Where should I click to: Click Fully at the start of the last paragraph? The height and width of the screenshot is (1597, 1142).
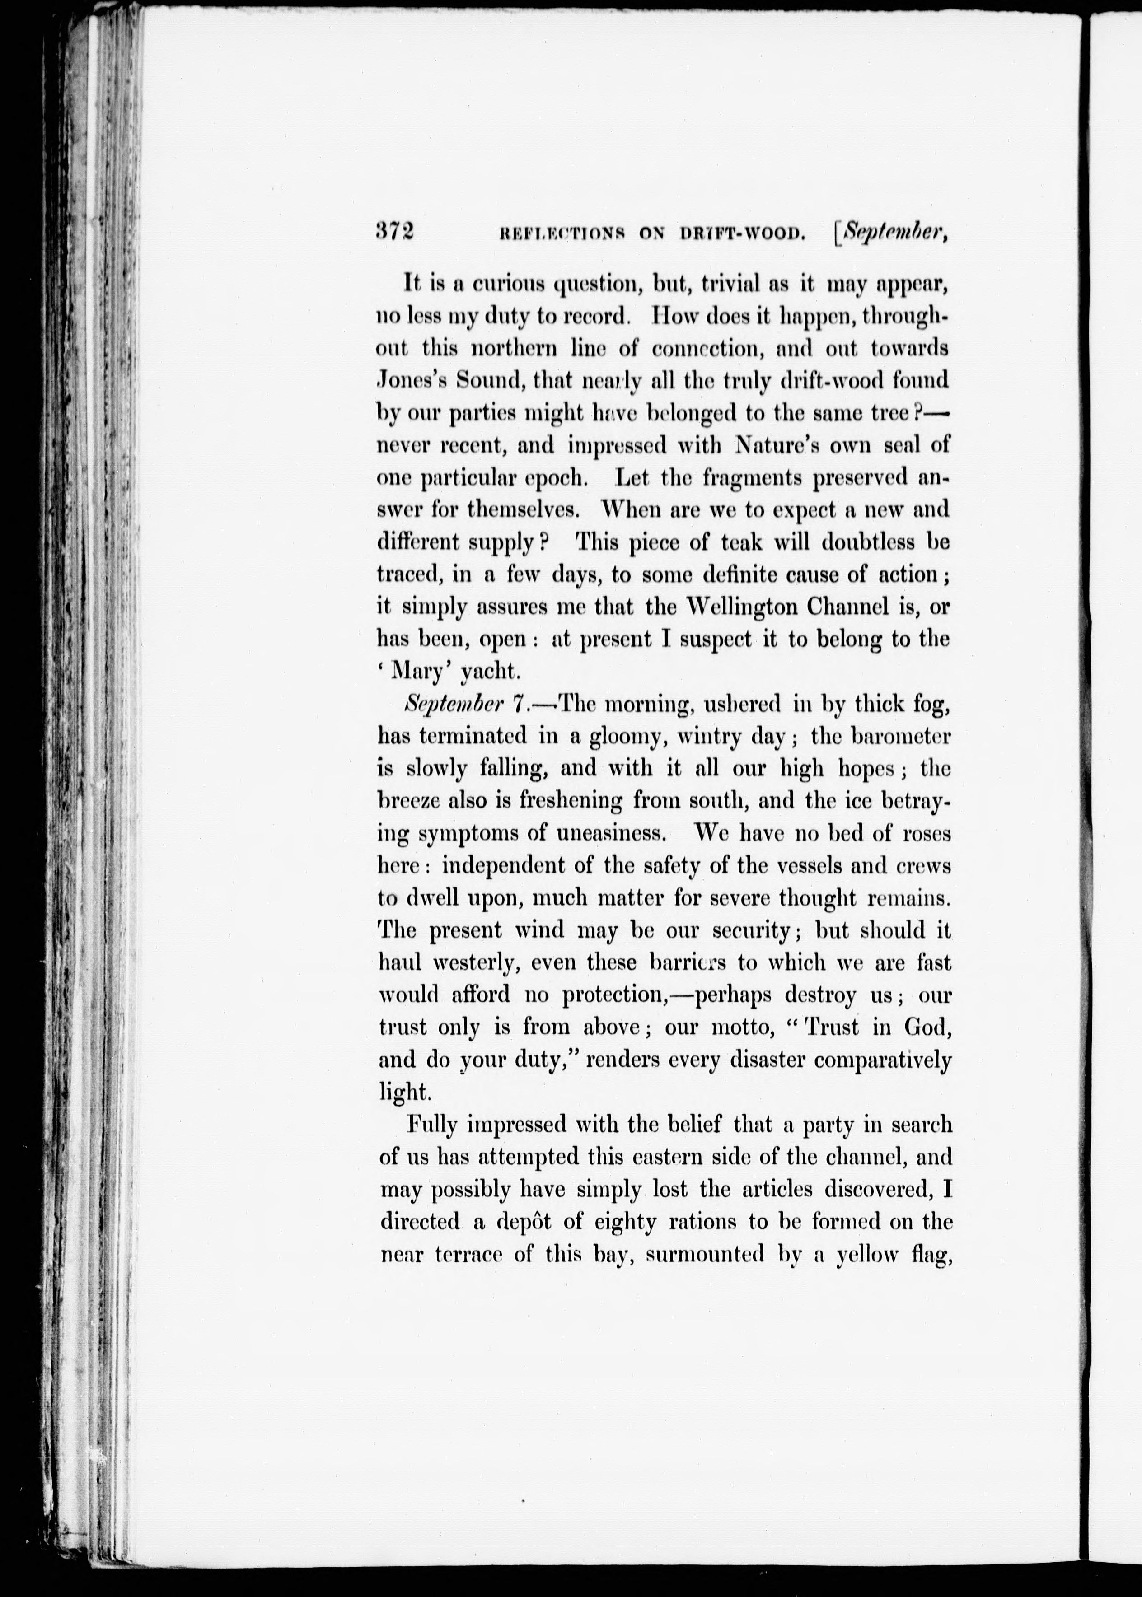[x=433, y=1125]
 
